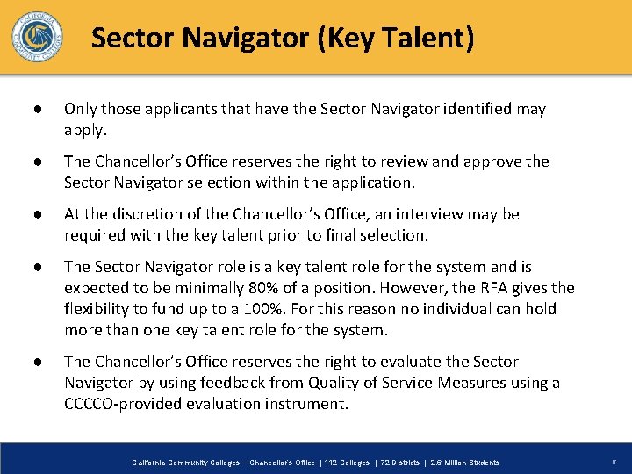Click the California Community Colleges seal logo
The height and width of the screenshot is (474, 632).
click(x=37, y=36)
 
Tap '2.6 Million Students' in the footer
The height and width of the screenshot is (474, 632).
click(x=462, y=463)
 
